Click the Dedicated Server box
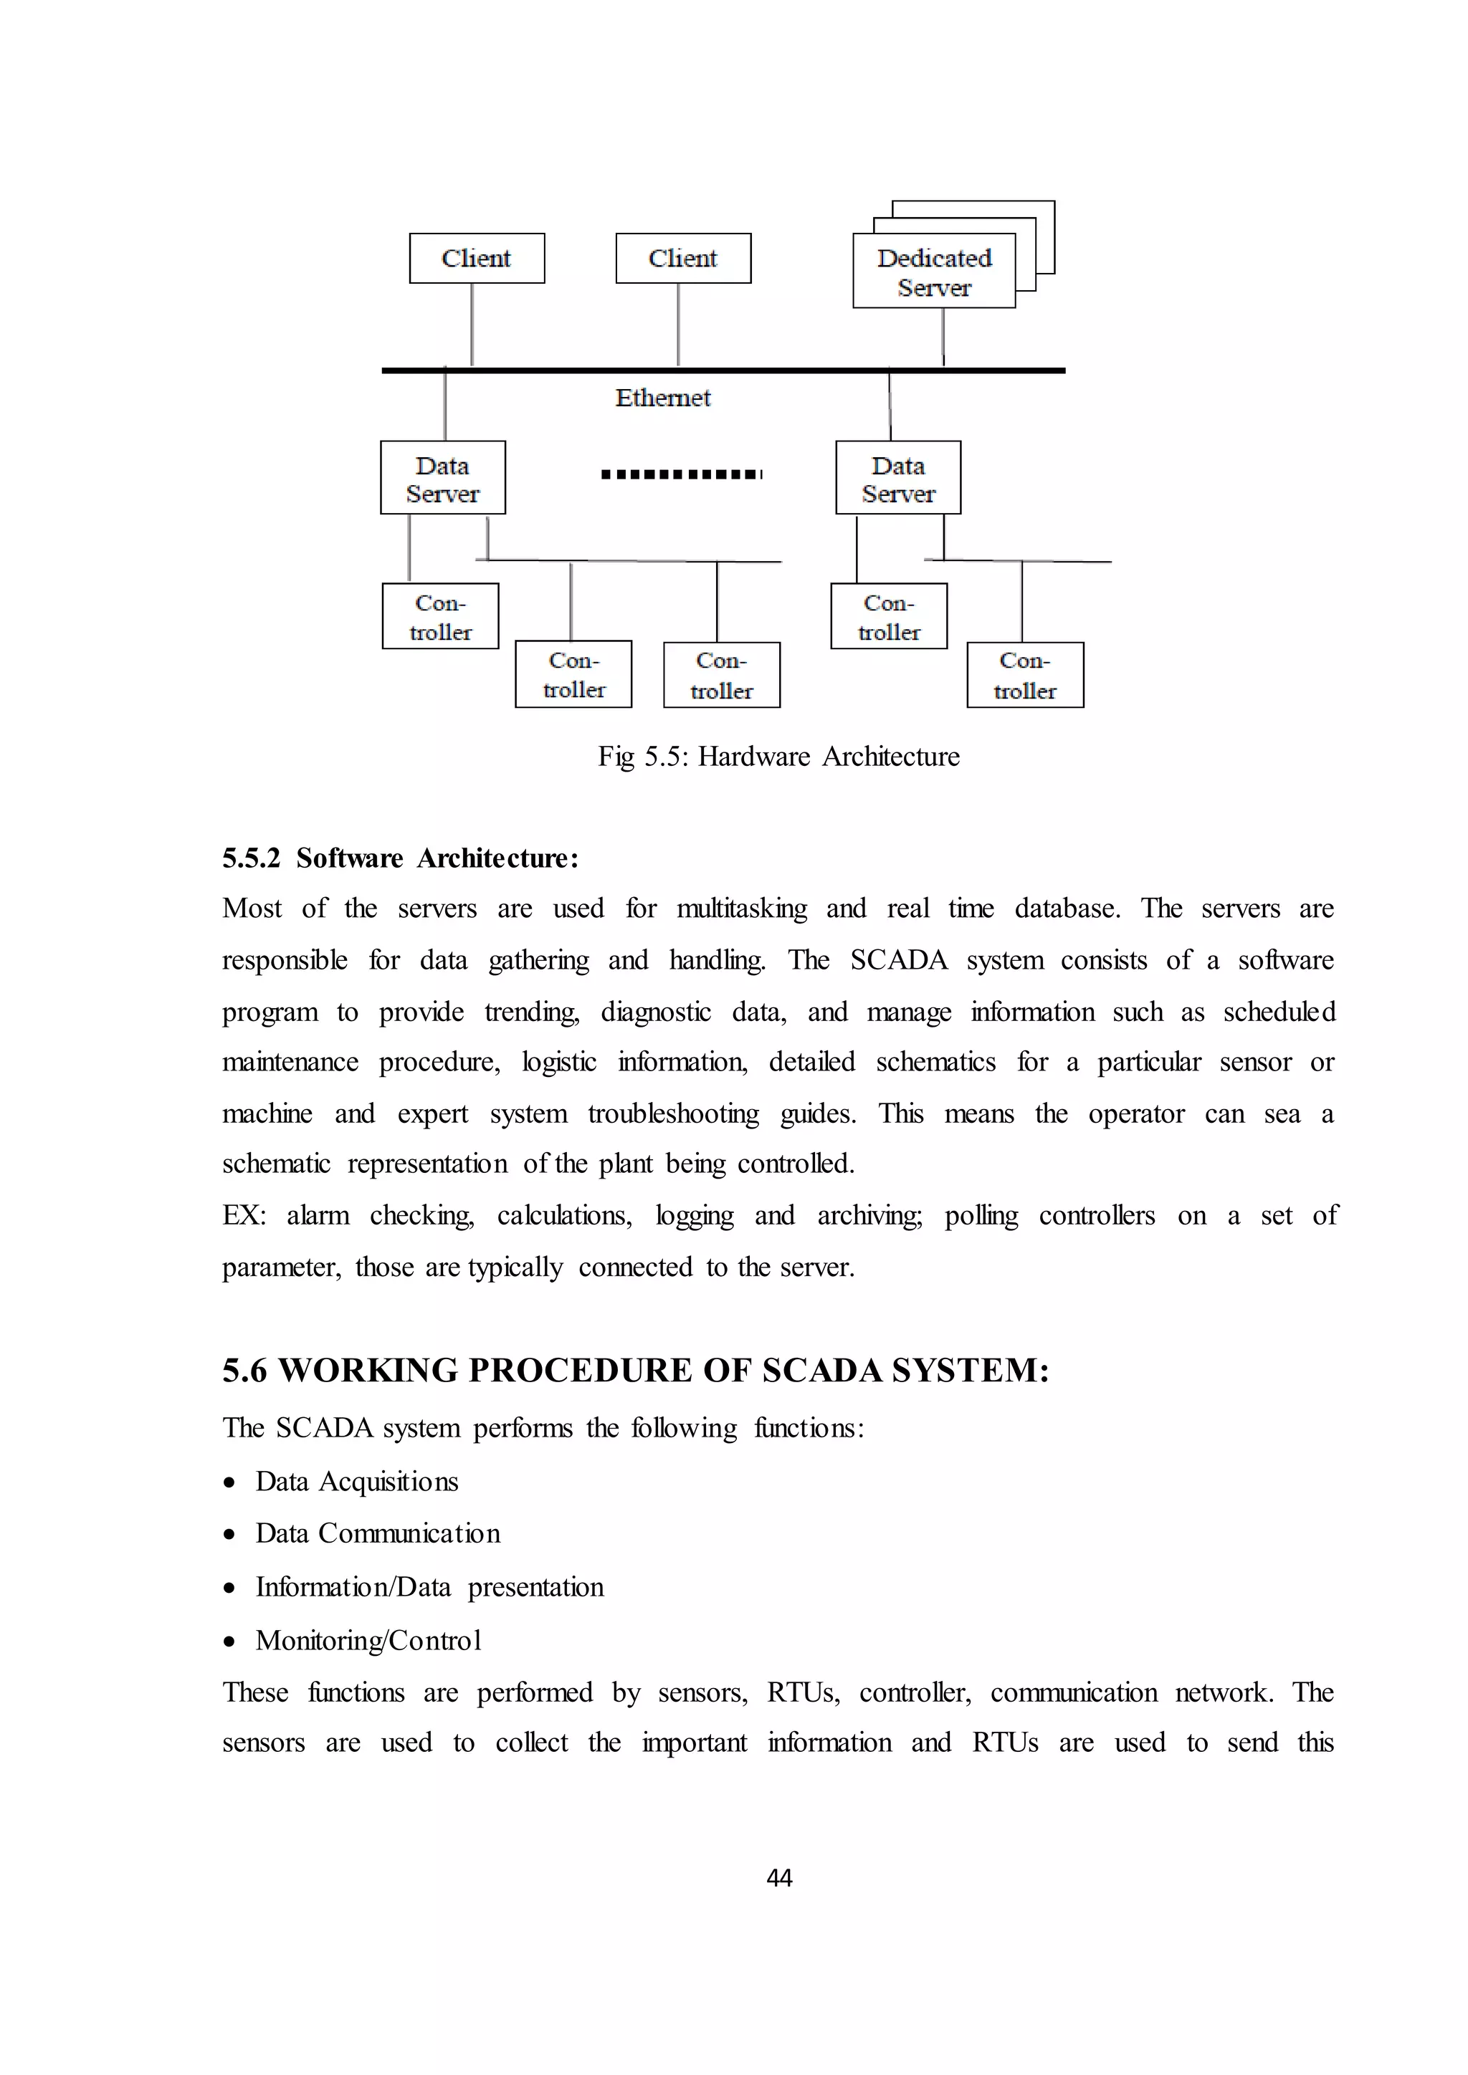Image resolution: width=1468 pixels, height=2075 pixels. pos(934,271)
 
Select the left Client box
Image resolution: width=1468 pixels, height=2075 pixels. pos(477,259)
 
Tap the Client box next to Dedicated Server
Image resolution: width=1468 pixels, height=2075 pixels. pos(682,259)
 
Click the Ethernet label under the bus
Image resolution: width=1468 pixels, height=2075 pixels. pos(662,398)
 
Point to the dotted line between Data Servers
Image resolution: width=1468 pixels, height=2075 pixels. pos(682,474)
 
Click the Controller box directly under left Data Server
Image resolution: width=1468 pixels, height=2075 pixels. pos(440,616)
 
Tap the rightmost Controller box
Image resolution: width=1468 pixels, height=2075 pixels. pos(1024,675)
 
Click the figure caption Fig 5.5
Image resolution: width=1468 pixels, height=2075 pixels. pos(778,757)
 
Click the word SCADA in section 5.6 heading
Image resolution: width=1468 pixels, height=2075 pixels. pos(821,1371)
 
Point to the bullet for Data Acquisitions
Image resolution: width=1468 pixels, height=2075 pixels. pos(231,1483)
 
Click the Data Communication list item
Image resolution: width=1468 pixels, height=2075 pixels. pos(377,1533)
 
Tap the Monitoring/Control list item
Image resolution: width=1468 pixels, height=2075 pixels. pos(368,1640)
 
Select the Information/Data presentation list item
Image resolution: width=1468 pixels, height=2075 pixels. pos(429,1587)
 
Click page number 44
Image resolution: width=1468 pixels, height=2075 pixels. pos(778,1879)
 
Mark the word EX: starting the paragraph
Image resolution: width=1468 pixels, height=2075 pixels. pos(244,1215)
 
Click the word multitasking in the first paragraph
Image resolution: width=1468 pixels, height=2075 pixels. pos(741,909)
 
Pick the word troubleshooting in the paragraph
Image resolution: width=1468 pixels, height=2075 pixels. pos(674,1113)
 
